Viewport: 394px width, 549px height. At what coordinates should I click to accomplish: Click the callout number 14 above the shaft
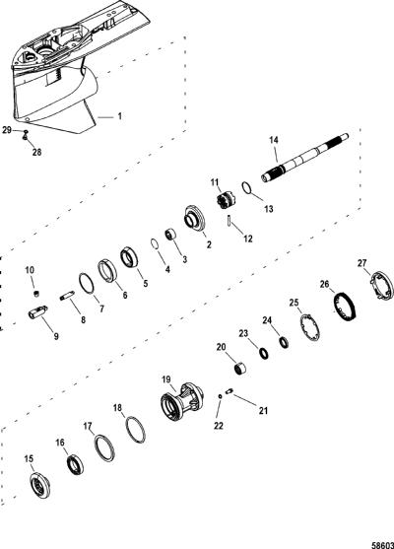pyautogui.click(x=274, y=140)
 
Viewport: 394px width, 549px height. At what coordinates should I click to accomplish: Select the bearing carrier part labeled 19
pyautogui.click(x=182, y=401)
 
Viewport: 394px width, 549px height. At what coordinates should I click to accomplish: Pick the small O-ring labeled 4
pyautogui.click(x=155, y=243)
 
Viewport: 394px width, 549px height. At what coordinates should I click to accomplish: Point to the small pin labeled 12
pyautogui.click(x=229, y=222)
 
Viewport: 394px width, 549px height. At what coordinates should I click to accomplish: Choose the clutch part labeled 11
pyautogui.click(x=227, y=201)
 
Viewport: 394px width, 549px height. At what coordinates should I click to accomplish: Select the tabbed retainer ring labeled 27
pyautogui.click(x=382, y=286)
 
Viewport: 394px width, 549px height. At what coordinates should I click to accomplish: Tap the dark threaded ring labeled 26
pyautogui.click(x=344, y=307)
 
